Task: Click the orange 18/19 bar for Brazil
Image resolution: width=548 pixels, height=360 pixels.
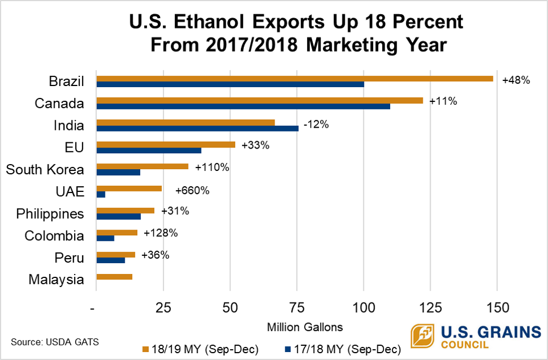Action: click(295, 79)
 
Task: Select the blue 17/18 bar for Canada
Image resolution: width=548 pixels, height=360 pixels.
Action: click(243, 107)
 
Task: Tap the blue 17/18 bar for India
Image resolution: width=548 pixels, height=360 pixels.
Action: click(197, 129)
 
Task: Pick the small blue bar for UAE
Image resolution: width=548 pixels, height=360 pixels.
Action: click(101, 195)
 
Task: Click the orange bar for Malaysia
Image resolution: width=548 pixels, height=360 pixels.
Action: click(114, 277)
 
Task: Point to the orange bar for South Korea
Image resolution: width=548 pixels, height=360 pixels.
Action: click(142, 166)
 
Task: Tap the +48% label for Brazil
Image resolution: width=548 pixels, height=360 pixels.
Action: click(516, 80)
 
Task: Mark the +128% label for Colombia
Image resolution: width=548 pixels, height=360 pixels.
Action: click(161, 233)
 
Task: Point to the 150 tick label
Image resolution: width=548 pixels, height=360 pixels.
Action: click(497, 308)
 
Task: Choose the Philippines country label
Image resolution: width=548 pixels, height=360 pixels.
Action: click(50, 214)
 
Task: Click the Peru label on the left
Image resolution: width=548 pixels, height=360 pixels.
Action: click(69, 258)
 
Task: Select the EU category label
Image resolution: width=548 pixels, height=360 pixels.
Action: click(74, 148)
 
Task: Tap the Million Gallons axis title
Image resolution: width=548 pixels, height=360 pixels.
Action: click(305, 327)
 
